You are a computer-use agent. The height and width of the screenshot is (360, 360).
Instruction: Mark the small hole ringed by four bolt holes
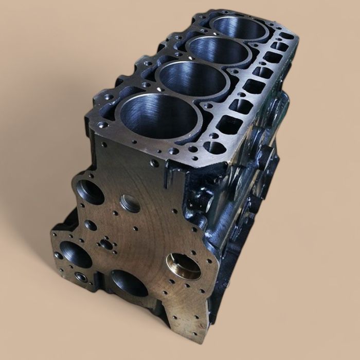point(107,245)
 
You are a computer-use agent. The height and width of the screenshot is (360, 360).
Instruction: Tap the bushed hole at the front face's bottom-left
point(81,277)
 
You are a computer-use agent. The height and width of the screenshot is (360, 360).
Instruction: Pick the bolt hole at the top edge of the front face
point(155,164)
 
